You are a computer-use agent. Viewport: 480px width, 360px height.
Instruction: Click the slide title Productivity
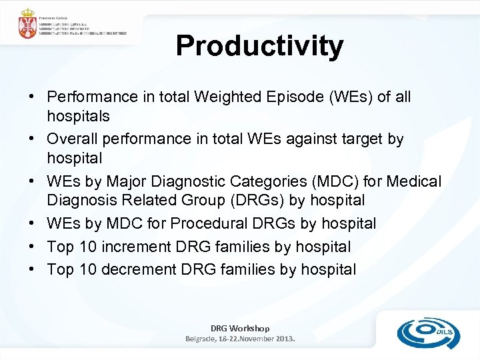259,46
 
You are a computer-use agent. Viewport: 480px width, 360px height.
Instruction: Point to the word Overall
71,139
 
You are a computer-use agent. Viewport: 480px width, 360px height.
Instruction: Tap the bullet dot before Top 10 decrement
32,269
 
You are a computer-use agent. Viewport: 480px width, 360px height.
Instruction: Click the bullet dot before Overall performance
32,139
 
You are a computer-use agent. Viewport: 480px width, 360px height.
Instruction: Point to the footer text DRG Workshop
240,328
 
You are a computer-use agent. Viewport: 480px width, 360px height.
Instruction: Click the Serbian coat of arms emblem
27,25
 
